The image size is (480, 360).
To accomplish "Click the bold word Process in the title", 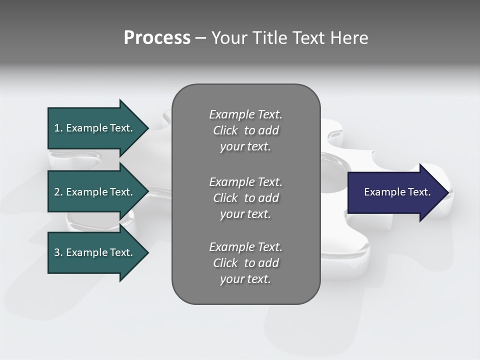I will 157,38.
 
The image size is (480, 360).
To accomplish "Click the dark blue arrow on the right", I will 395,192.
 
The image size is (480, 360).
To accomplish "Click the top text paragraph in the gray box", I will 245,130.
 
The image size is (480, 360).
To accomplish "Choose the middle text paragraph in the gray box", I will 245,198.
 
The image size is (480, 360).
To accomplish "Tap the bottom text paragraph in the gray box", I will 245,263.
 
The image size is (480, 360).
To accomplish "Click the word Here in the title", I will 349,38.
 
